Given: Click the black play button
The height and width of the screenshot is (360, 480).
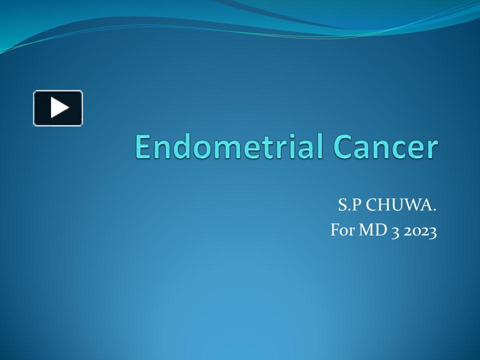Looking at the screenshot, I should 58,108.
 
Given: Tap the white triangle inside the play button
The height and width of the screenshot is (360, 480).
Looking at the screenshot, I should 59,108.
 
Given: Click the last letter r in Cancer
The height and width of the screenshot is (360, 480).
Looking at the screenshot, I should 432,149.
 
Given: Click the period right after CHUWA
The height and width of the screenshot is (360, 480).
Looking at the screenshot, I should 434,209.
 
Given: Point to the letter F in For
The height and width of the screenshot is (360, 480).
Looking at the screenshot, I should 334,231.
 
